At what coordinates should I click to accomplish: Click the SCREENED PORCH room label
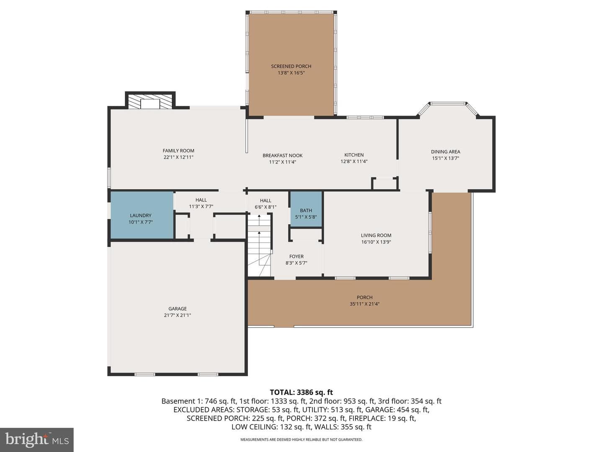(291, 66)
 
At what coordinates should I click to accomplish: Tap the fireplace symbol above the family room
(150, 102)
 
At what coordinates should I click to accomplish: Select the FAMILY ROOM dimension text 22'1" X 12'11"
(178, 157)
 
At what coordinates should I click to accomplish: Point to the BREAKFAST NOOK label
(282, 155)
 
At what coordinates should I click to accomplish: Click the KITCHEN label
(354, 155)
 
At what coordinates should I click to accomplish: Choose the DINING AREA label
(446, 152)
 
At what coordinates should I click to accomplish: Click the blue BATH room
(306, 209)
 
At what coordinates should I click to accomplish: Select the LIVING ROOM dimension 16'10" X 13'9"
(376, 242)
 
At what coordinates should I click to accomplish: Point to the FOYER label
(296, 256)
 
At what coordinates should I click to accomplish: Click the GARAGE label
(178, 308)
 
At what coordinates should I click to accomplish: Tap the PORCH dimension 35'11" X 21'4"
(365, 304)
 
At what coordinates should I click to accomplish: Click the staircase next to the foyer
(260, 245)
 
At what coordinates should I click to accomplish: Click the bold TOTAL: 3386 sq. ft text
(301, 392)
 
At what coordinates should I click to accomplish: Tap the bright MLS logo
(37, 439)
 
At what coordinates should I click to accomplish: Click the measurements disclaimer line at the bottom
(301, 439)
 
